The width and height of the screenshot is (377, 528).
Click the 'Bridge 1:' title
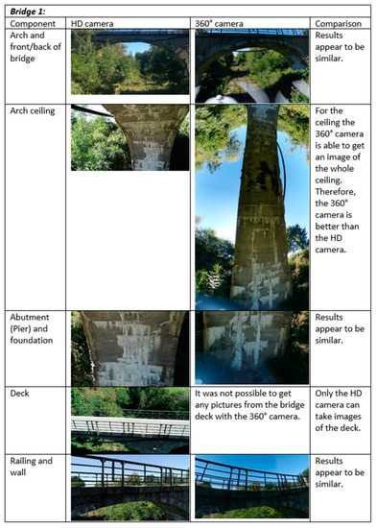(x=28, y=12)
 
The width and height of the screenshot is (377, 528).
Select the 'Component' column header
(x=33, y=24)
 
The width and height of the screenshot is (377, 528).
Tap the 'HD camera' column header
(x=92, y=24)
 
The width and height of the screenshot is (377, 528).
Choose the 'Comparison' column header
(x=339, y=24)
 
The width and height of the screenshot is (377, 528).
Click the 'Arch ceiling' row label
(x=33, y=110)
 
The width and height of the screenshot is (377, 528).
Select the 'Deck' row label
(x=19, y=393)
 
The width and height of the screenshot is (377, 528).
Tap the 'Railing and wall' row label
(x=31, y=467)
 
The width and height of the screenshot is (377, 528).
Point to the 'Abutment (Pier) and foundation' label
(x=32, y=328)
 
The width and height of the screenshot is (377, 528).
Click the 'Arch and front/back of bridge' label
(x=35, y=47)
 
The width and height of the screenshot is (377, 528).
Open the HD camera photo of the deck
(x=130, y=420)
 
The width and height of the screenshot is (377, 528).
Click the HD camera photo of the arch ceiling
(x=130, y=137)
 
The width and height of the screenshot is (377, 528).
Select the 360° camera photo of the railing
(x=251, y=487)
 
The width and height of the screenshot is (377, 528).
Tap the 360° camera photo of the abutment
(x=251, y=348)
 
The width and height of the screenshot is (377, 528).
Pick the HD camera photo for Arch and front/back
(x=130, y=62)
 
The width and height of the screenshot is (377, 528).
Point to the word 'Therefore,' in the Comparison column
(x=335, y=192)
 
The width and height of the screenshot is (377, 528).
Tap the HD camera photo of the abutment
(x=130, y=348)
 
